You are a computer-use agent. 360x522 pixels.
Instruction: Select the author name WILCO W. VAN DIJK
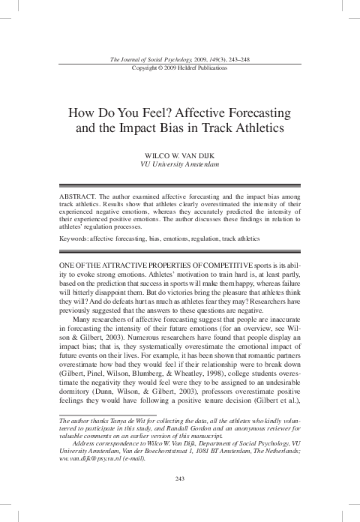pyautogui.click(x=180, y=152)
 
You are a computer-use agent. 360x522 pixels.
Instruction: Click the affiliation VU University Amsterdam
pyautogui.click(x=180, y=163)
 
